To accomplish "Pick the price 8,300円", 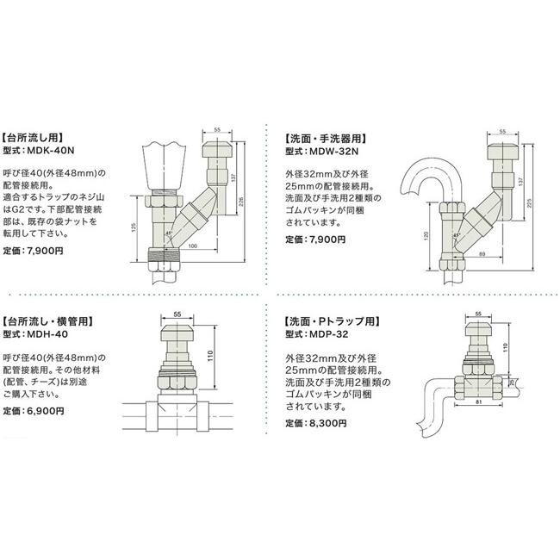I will click(x=327, y=423).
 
